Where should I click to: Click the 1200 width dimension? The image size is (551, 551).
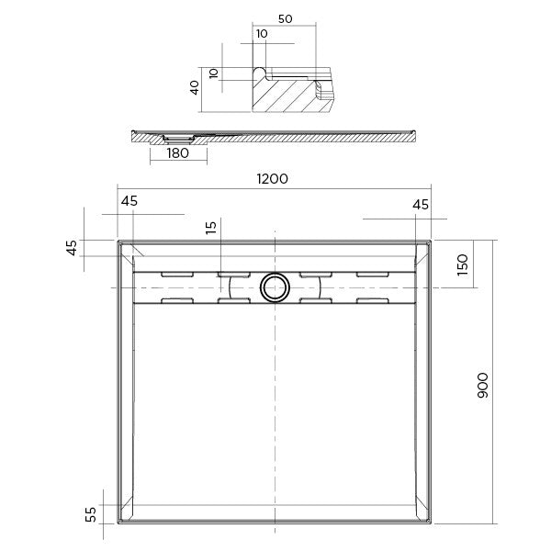click(273, 179)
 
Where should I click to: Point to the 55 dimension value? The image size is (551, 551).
click(91, 514)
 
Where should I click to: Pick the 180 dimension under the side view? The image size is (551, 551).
click(177, 153)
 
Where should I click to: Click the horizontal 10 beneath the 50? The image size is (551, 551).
click(264, 33)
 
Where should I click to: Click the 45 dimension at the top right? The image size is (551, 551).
click(421, 205)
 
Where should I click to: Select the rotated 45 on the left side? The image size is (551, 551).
click(71, 249)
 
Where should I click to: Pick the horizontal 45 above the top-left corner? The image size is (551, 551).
click(129, 201)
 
